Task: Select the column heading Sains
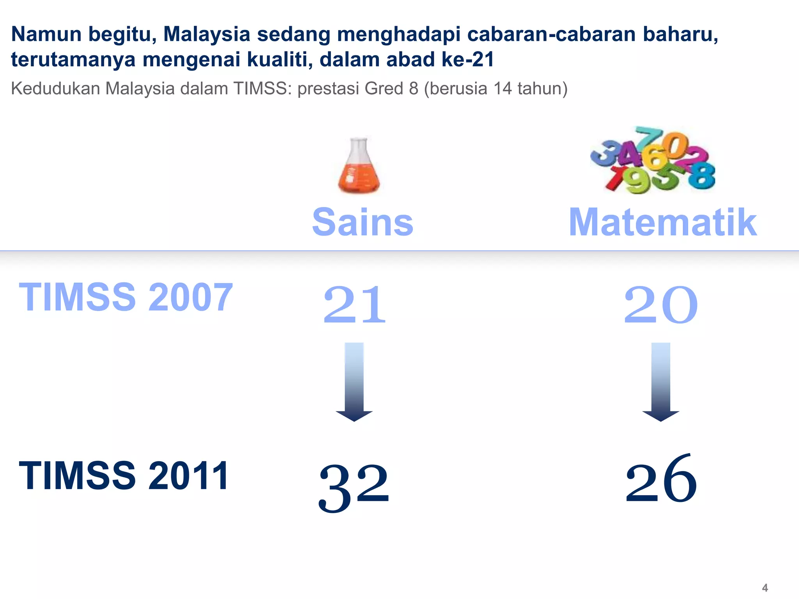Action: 362,222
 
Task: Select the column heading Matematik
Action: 662,222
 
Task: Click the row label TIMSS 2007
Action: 126,297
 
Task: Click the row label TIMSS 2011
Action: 124,475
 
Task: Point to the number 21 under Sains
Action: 354,305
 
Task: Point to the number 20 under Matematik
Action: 661,305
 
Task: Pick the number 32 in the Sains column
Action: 354,487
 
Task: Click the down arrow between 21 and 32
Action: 354,382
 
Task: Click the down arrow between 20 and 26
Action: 661,382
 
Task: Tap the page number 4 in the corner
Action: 765,587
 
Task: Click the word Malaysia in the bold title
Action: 206,34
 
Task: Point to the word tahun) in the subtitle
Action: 542,89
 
